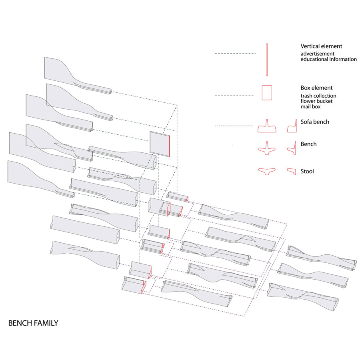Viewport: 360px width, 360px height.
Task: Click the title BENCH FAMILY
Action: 33,323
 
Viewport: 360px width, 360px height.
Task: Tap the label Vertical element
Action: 321,46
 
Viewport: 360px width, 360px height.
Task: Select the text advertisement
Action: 318,54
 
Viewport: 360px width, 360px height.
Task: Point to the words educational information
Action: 328,59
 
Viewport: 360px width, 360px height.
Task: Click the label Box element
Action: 316,88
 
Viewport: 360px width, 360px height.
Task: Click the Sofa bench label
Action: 315,122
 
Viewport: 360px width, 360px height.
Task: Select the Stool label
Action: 307,171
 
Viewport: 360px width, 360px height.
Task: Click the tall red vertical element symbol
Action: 266,60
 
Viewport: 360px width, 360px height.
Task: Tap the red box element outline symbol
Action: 266,92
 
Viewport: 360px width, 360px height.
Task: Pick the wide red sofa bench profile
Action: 267,126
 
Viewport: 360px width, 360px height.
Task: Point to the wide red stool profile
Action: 266,171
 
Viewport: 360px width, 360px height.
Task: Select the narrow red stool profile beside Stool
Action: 291,171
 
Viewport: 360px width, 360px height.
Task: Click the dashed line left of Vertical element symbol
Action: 235,53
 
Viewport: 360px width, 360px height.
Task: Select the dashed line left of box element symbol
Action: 234,95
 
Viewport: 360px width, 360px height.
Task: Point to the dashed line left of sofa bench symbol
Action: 235,126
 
